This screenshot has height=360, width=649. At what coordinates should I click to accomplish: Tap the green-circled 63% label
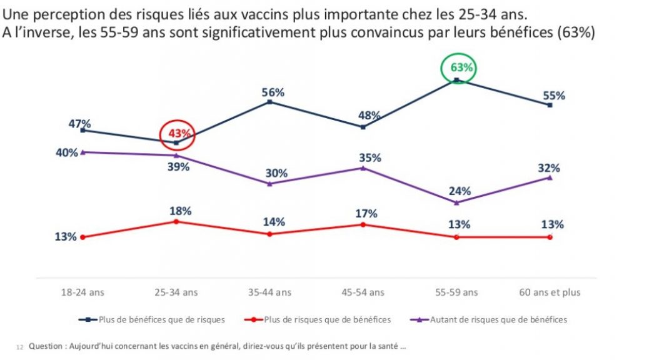(459, 67)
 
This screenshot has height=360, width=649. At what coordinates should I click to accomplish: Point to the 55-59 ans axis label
(456, 292)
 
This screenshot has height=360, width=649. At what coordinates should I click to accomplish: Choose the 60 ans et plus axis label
(550, 292)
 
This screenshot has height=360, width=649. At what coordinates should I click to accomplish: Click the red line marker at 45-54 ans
(363, 224)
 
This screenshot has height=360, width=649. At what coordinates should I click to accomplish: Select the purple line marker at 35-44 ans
(269, 184)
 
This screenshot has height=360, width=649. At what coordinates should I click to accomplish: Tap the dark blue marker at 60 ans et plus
(550, 105)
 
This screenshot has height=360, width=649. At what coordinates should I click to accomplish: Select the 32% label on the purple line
(548, 168)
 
